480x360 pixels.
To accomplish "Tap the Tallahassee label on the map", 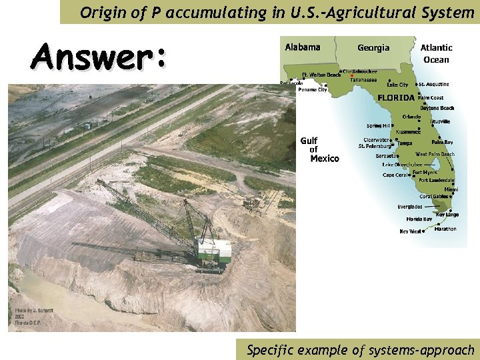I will [x=363, y=80].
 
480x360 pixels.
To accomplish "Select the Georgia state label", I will [x=373, y=48].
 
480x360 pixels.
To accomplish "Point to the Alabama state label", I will [x=302, y=47].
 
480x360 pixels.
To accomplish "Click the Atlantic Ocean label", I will [x=436, y=53].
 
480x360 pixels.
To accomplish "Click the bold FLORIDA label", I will [x=396, y=97].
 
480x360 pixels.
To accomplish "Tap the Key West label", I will [x=410, y=231].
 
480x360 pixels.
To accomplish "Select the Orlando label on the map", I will [x=411, y=117].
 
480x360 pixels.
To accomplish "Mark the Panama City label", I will [x=312, y=90].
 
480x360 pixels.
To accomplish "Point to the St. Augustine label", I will [x=435, y=85].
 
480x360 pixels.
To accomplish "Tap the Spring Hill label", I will [x=379, y=125].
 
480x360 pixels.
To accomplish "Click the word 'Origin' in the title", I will [x=99, y=12].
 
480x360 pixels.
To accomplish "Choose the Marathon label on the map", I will [x=445, y=229].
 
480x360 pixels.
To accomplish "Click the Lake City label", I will [x=398, y=85].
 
